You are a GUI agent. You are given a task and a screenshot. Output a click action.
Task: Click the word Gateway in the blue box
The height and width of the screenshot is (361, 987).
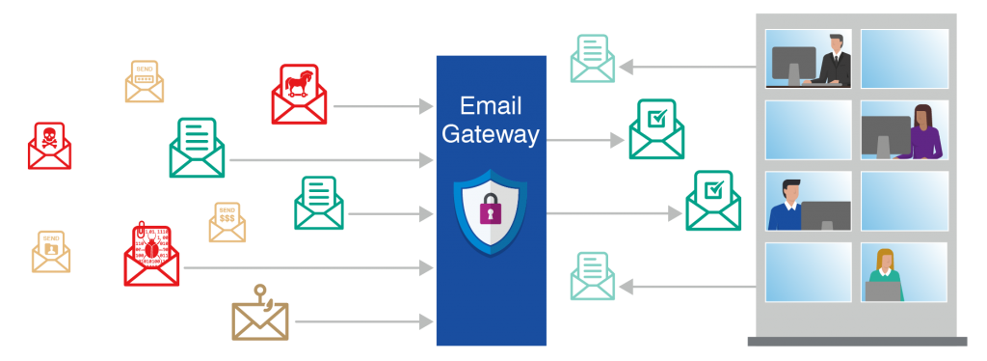pos(491,134)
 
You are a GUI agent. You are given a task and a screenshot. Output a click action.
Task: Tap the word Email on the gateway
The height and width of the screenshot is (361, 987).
pos(491,105)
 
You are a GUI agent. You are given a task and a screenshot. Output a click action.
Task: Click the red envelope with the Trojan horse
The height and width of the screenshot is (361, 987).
pos(299,95)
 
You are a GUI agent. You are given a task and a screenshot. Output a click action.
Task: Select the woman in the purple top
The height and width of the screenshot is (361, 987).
pos(925,133)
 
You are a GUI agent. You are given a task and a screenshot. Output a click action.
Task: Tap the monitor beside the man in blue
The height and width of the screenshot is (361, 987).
pos(825,215)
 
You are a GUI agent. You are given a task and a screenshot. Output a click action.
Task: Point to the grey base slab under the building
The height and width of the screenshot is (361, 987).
pos(856,341)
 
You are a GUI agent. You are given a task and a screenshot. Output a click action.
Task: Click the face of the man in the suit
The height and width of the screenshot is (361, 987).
pos(837,42)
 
